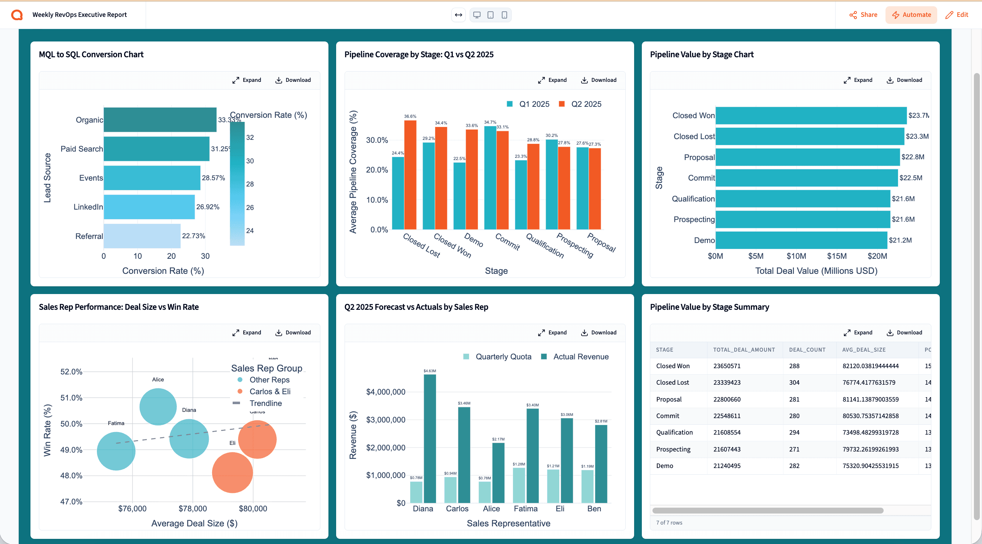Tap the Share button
(863, 15)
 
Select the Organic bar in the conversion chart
(160, 120)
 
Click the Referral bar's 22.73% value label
(193, 236)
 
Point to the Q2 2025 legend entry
(581, 104)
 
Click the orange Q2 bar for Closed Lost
(410, 175)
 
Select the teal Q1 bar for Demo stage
(459, 196)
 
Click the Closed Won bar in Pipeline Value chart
(811, 116)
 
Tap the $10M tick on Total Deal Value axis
(796, 256)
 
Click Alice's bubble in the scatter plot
(158, 407)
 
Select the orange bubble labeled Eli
(232, 472)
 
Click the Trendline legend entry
(265, 403)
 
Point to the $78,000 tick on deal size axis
(193, 508)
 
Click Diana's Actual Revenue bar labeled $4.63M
(430, 438)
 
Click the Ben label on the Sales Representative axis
(594, 508)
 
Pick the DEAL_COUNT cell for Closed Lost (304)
(794, 382)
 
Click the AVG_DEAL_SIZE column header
(864, 349)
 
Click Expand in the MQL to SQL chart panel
(247, 80)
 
